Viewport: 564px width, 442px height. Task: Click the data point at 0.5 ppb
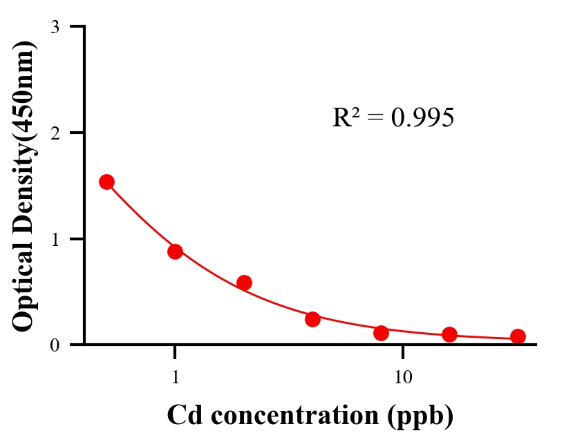(106, 182)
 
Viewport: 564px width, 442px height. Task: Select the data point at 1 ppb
(175, 251)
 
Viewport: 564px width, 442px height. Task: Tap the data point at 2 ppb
(244, 282)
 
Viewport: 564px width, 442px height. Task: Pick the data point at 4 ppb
(312, 319)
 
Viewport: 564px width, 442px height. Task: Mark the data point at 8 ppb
(381, 333)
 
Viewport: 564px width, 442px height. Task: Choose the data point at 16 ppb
(449, 334)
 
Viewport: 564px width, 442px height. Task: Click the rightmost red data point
(518, 336)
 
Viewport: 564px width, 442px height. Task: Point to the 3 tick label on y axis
(55, 28)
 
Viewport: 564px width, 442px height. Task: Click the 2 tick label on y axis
(55, 133)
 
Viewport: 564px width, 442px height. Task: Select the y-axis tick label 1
(55, 239)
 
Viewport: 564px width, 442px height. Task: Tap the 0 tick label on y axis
(55, 345)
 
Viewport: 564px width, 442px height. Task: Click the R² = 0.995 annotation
(393, 117)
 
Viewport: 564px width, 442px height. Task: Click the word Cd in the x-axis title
(181, 415)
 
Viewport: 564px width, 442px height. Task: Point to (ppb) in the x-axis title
(421, 416)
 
